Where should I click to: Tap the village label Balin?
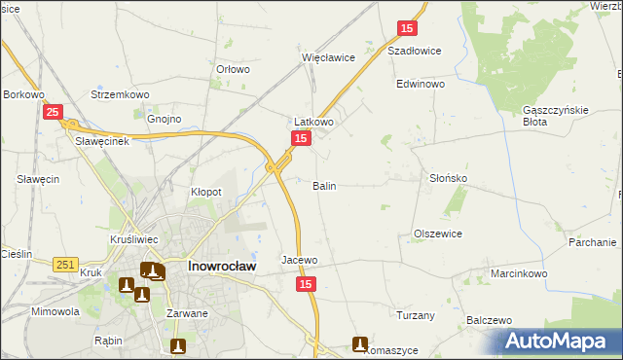(325, 185)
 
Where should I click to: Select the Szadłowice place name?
(415, 51)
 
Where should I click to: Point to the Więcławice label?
(328, 57)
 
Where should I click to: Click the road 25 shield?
(54, 113)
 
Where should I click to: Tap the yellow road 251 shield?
(65, 265)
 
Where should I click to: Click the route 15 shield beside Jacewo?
(307, 283)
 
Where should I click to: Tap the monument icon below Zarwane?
(178, 345)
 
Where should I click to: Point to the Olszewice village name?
(438, 234)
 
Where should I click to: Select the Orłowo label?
(234, 69)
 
